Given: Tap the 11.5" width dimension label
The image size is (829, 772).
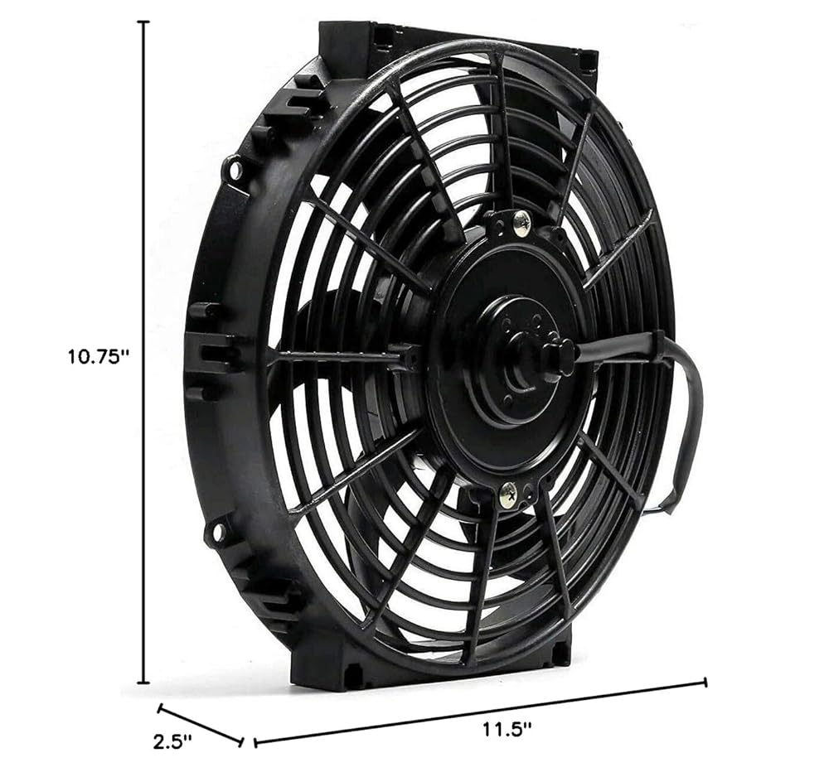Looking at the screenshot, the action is tap(507, 730).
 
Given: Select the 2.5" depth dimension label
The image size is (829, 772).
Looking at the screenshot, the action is tap(172, 742).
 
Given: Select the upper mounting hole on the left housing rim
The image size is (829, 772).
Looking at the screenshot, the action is tap(235, 169).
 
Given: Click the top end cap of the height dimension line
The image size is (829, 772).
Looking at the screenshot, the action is tap(143, 22).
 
